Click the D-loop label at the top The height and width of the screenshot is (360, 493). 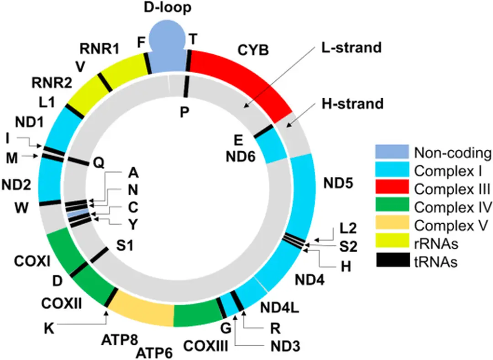click(x=167, y=8)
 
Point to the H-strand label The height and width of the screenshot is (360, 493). click(x=352, y=104)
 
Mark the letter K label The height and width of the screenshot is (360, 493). click(x=49, y=328)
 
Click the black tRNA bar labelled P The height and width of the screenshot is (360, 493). click(x=186, y=87)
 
